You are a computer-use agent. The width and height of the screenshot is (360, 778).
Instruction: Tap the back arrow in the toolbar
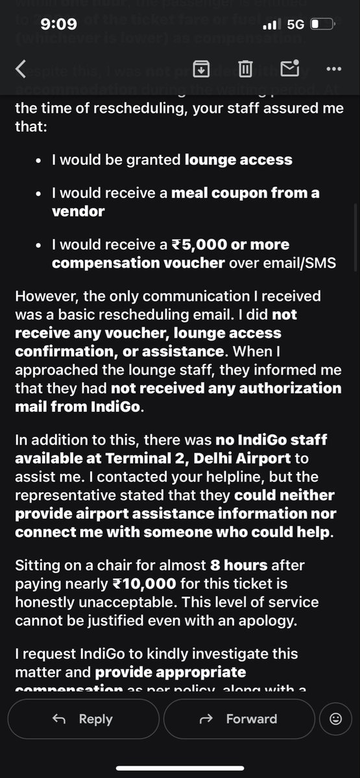[21, 69]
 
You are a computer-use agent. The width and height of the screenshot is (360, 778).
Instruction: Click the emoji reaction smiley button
[335, 718]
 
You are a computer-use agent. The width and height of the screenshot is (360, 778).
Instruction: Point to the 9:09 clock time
[58, 24]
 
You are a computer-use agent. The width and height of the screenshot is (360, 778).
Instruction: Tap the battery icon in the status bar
[322, 25]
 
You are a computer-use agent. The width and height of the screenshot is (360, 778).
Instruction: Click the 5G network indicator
[296, 25]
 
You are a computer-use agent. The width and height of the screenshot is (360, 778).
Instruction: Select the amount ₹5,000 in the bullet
[198, 245]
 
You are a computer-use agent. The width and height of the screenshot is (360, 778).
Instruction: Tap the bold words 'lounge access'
[239, 159]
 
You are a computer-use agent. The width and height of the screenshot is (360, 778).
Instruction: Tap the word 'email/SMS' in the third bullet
[300, 263]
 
